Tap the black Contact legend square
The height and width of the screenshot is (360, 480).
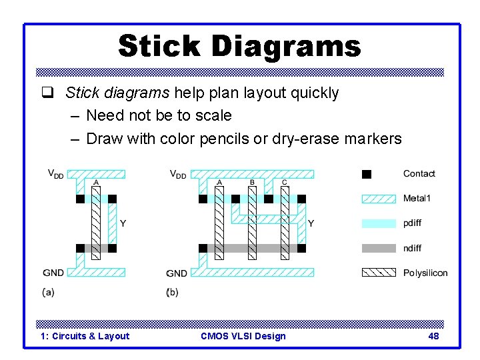click(x=366, y=174)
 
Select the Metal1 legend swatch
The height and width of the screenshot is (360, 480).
click(x=378, y=199)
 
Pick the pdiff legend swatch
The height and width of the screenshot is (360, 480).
click(x=378, y=223)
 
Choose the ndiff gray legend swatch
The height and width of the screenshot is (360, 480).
click(x=378, y=248)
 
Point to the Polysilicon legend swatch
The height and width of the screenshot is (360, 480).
click(x=378, y=273)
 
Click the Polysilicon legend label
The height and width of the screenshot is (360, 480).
click(x=425, y=273)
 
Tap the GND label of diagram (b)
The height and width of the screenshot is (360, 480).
click(x=177, y=273)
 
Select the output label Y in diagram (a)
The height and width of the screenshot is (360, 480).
click(x=123, y=223)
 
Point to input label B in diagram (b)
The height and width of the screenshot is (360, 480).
click(x=252, y=182)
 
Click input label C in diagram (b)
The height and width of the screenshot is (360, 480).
click(x=285, y=182)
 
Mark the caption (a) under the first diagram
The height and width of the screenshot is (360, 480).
click(x=48, y=292)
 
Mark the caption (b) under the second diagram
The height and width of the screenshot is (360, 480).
click(x=173, y=292)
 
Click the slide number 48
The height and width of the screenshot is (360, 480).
click(x=433, y=336)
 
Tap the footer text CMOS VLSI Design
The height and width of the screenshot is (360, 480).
click(x=243, y=336)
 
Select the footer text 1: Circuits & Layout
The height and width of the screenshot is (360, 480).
click(x=85, y=336)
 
